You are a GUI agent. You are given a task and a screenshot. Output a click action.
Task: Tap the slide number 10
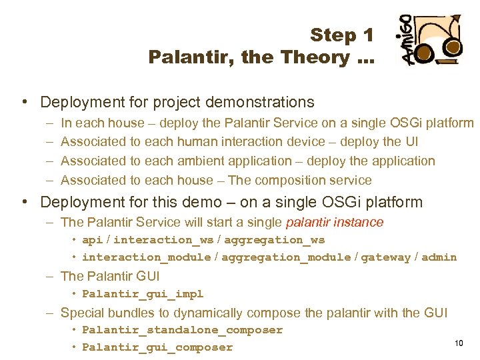459,343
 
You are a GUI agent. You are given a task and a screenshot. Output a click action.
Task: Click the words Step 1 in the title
342,35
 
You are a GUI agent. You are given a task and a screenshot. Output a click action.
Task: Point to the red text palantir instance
335,222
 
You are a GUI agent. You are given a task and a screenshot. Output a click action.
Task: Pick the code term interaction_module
146,257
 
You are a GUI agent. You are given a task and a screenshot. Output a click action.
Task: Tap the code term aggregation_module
286,257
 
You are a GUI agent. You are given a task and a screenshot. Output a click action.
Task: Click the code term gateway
385,257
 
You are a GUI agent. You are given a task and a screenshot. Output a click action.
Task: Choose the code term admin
440,257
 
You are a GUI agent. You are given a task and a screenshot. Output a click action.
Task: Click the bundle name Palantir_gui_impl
143,294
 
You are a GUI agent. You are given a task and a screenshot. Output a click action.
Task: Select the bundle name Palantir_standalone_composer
182,330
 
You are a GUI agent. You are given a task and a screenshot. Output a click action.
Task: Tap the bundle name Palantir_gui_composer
157,347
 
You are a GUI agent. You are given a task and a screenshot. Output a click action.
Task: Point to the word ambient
185,161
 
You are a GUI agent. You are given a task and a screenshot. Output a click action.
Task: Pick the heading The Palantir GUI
110,276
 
